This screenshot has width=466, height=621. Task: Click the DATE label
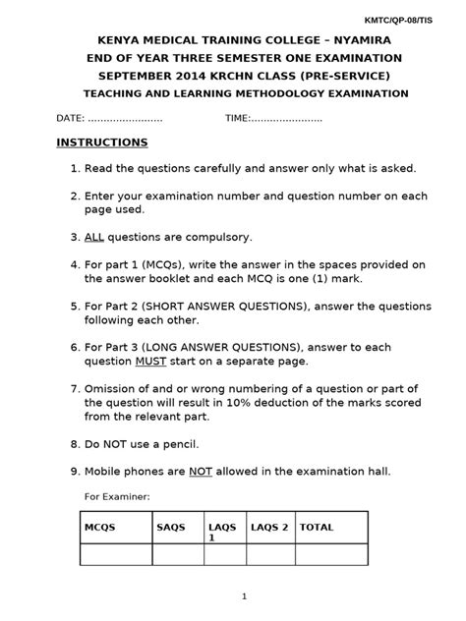coord(70,118)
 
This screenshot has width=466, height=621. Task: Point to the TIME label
coord(237,118)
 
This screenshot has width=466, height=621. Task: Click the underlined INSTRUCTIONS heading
coord(101,142)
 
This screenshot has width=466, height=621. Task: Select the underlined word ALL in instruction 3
coord(94,237)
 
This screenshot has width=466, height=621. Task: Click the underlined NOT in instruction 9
coord(202,471)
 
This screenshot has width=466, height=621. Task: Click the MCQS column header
coord(99,527)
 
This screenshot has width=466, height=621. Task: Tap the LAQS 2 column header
coord(269,527)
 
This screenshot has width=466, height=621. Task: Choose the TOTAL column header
coord(317,527)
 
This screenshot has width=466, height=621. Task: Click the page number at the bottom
coord(244,595)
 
